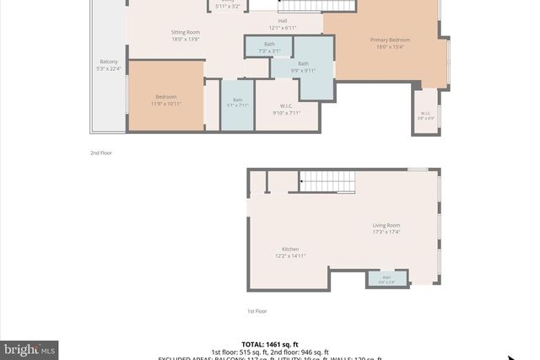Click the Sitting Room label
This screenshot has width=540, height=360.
click(x=186, y=32)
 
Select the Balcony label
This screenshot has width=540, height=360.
click(x=109, y=62)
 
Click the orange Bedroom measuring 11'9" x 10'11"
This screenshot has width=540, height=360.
click(x=165, y=99)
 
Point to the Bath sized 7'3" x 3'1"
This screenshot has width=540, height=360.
click(x=269, y=48)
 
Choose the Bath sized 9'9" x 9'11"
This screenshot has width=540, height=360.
click(x=303, y=67)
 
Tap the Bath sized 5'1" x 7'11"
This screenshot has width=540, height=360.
click(x=237, y=104)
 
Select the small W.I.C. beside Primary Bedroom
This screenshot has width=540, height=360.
click(x=426, y=114)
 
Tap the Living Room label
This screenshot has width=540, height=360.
click(x=387, y=225)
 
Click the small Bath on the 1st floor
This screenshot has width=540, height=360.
click(x=387, y=279)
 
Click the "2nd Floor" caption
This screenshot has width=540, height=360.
click(x=101, y=153)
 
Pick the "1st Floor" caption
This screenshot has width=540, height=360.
click(x=257, y=311)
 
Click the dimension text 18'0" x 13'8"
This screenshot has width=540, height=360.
click(x=186, y=39)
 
